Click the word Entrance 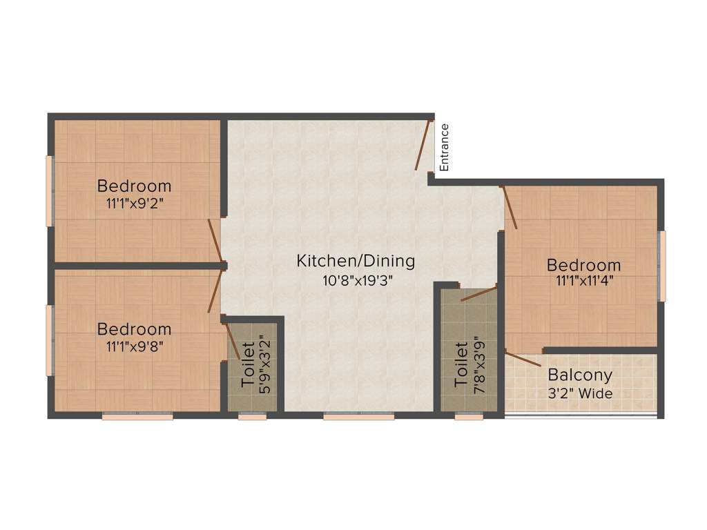click(445, 147)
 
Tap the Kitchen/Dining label click(356, 262)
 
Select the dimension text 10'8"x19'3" click(356, 280)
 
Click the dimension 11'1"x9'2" click(134, 204)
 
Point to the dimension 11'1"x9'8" click(134, 346)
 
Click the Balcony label click(580, 375)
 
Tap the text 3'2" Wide click(580, 393)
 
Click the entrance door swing click(423, 144)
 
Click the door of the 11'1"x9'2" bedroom click(216, 242)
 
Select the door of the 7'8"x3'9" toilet click(478, 294)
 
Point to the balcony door click(523, 359)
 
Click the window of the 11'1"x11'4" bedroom click(662, 266)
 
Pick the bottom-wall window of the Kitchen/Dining click(358, 416)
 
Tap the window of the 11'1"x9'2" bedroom click(50, 190)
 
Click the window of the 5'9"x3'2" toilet click(253, 416)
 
